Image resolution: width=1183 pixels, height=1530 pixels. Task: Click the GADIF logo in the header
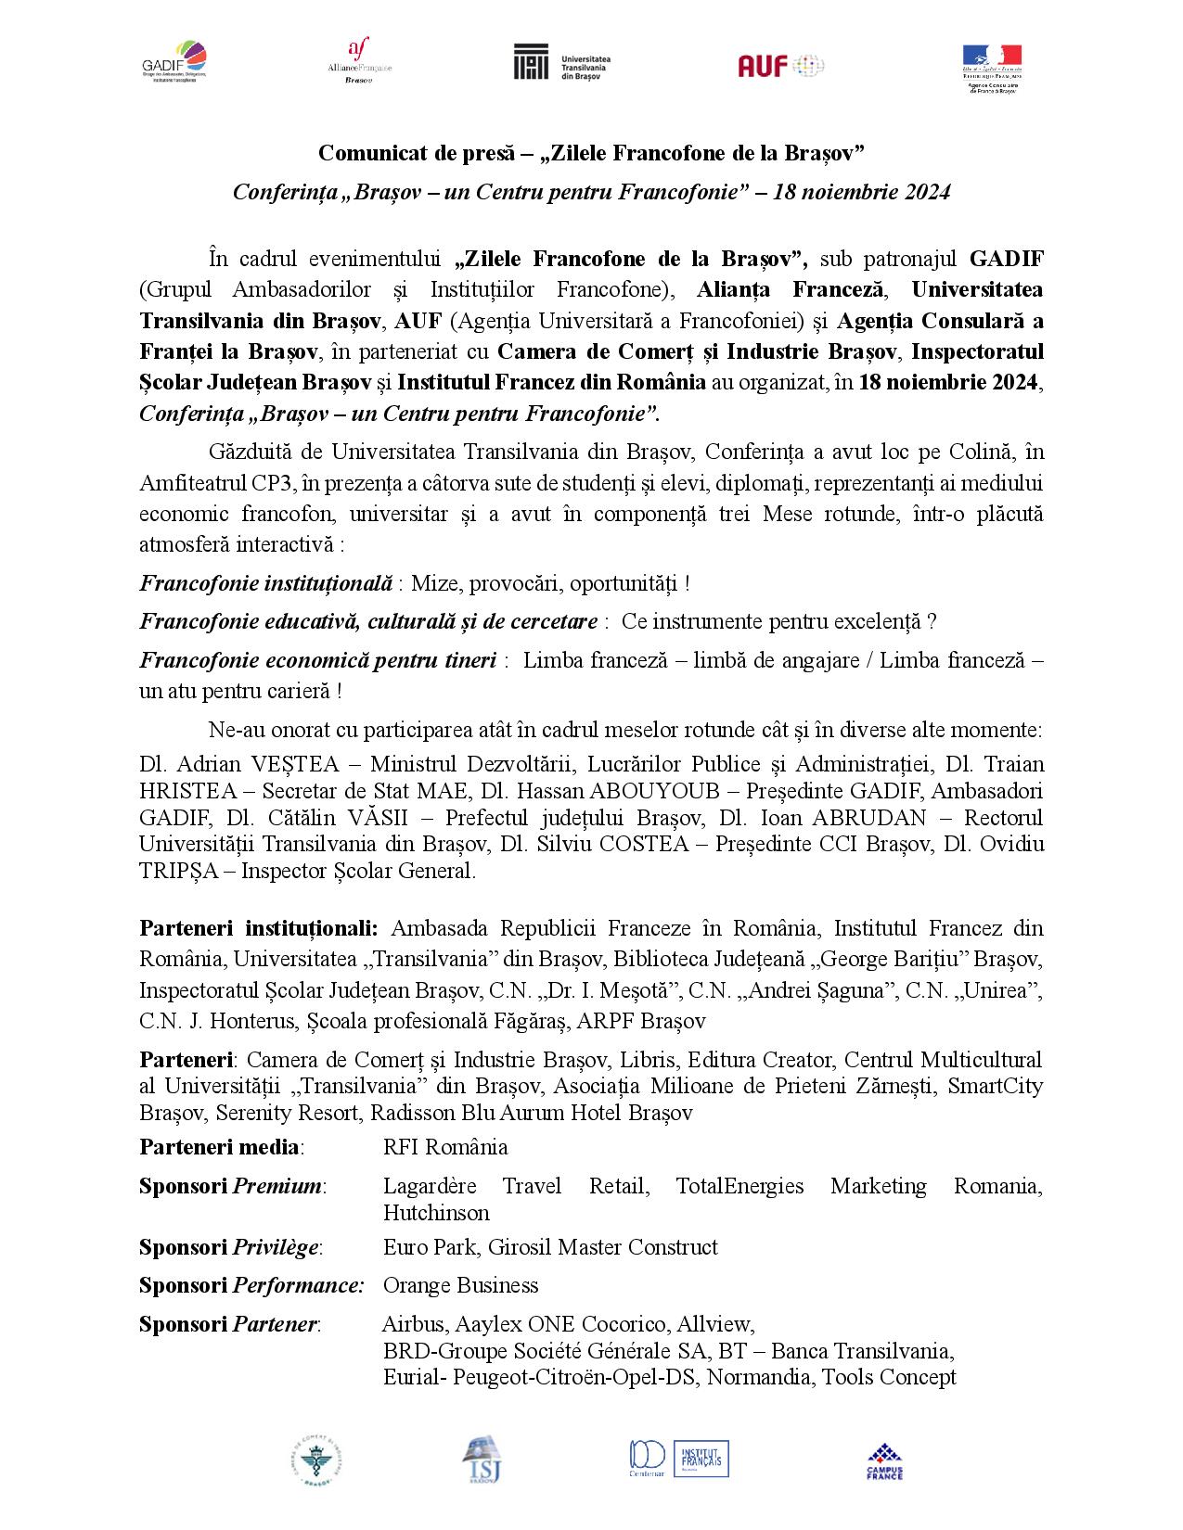click(174, 62)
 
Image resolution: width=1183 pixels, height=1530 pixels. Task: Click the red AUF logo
click(780, 65)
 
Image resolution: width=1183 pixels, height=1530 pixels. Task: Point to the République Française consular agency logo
click(991, 67)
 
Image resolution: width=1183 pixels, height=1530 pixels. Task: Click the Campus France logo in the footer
click(884, 1462)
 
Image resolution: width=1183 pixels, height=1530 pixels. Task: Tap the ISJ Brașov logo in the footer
click(480, 1462)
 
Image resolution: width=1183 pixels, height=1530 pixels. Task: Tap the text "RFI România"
click(445, 1147)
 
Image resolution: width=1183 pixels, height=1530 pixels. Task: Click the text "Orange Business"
click(460, 1285)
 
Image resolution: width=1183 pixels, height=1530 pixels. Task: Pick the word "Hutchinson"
click(436, 1213)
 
